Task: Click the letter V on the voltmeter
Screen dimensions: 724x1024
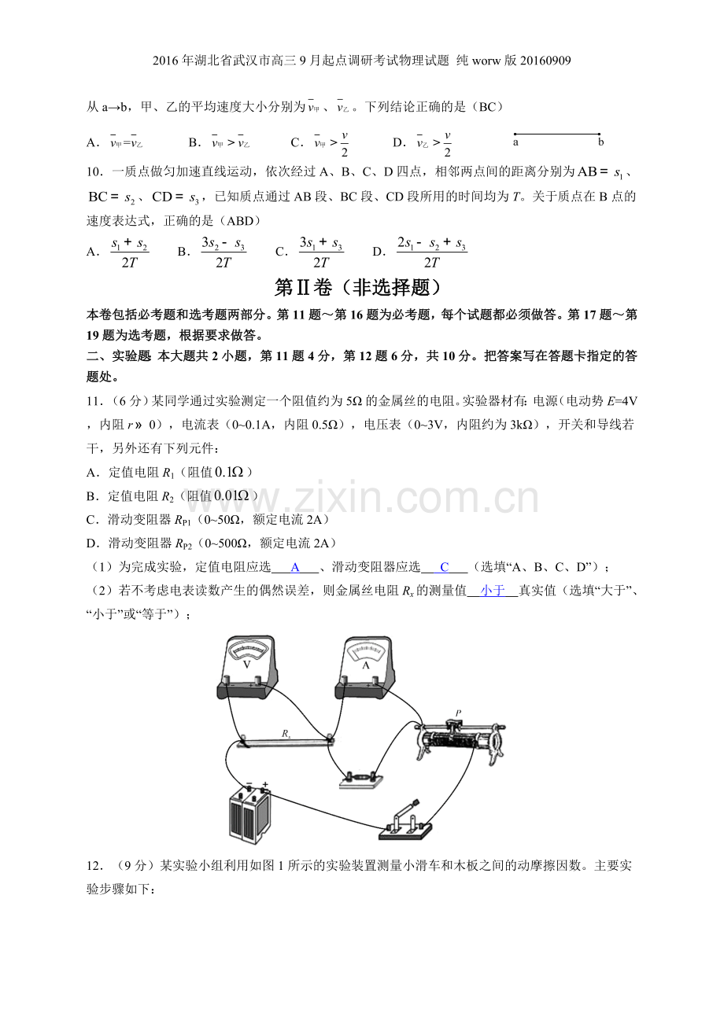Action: pyautogui.click(x=246, y=665)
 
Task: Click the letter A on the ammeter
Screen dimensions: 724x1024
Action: pyautogui.click(x=365, y=665)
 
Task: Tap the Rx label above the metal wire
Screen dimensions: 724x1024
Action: pyautogui.click(x=286, y=734)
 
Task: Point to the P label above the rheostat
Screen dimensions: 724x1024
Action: pyautogui.click(x=458, y=713)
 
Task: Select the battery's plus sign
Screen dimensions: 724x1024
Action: pyautogui.click(x=264, y=784)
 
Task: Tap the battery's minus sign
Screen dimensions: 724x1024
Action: pyautogui.click(x=249, y=783)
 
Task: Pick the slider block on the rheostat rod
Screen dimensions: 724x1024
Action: pyautogui.click(x=452, y=724)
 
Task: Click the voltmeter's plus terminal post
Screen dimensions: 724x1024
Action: pyautogui.click(x=257, y=680)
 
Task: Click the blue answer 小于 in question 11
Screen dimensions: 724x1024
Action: pyautogui.click(x=493, y=591)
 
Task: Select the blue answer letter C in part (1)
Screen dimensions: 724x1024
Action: pyautogui.click(x=444, y=567)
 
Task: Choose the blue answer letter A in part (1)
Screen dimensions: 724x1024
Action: pyautogui.click(x=295, y=567)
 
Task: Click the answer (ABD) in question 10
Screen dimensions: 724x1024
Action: pyautogui.click(x=240, y=221)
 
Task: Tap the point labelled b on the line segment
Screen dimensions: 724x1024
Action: pyautogui.click(x=599, y=134)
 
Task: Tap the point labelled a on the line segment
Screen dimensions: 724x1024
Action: pyautogui.click(x=515, y=134)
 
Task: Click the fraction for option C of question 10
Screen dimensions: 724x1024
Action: pyautogui.click(x=321, y=252)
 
